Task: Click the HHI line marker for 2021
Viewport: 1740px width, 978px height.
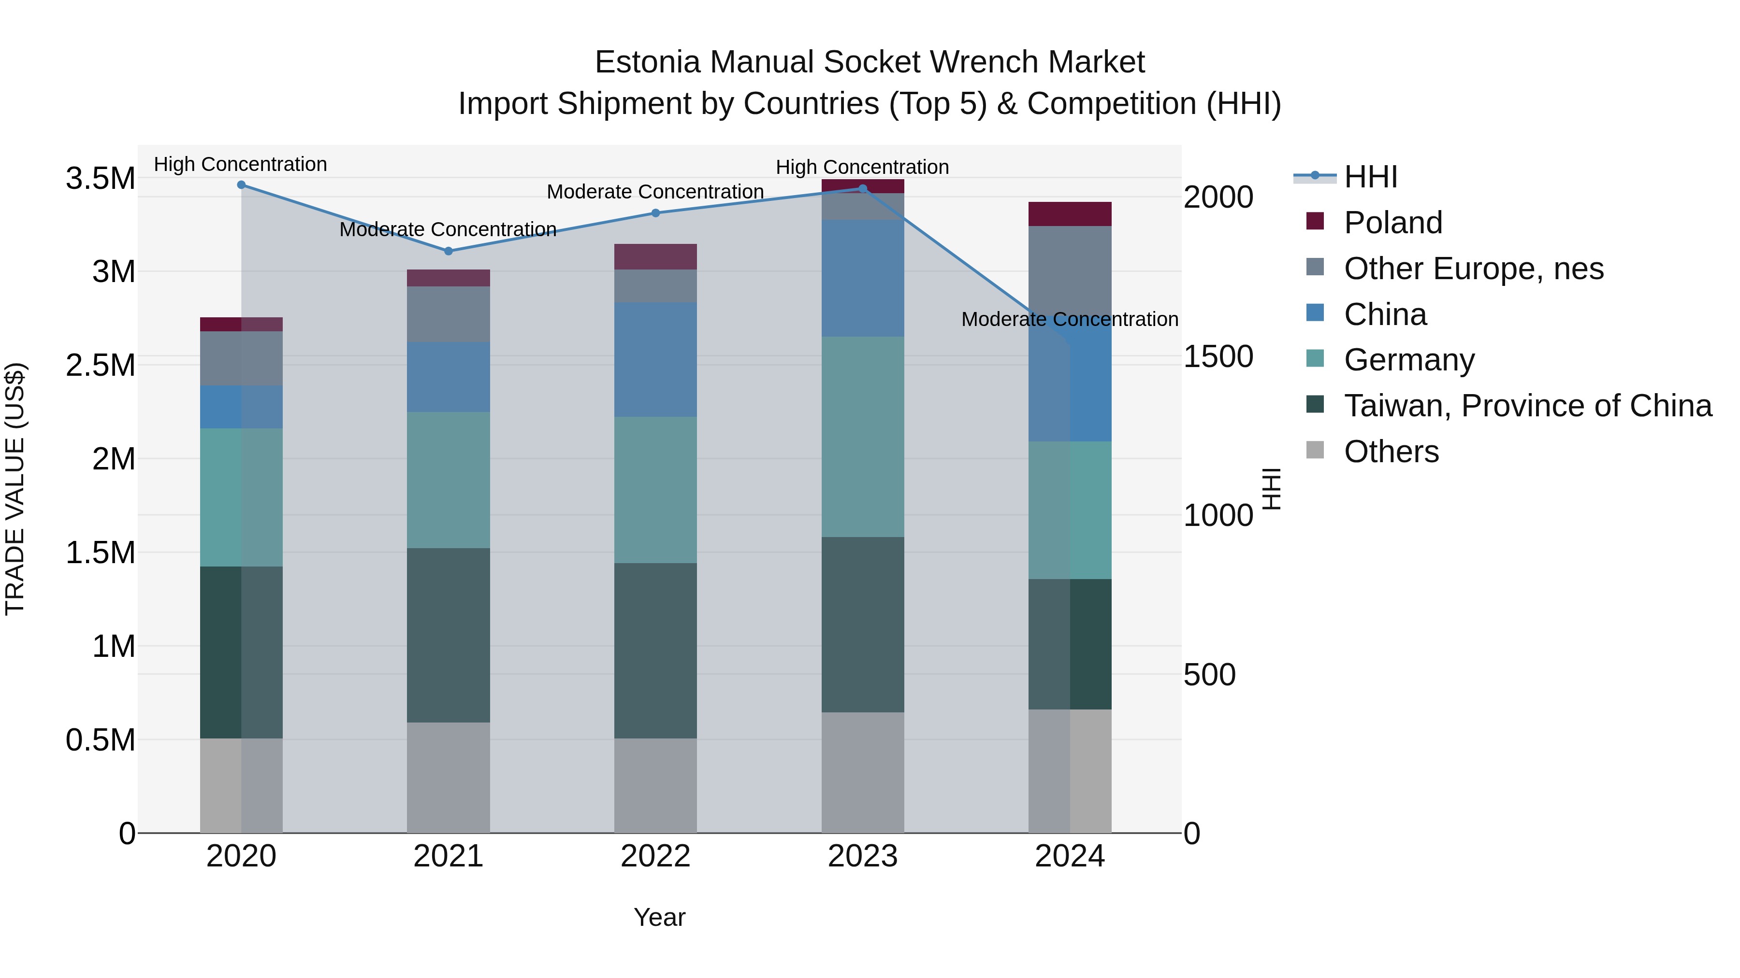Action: (x=448, y=251)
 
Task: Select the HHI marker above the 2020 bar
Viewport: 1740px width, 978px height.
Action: (x=241, y=185)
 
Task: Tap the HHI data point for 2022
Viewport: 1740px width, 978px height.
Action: (x=655, y=213)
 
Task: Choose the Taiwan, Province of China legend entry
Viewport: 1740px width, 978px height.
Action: (x=1527, y=406)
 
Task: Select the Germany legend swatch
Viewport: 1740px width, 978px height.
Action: (x=1315, y=358)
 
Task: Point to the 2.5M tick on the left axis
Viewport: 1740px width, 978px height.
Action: (x=101, y=365)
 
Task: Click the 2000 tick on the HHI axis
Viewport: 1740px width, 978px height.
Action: (x=1218, y=197)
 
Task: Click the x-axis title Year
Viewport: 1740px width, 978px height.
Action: (x=659, y=917)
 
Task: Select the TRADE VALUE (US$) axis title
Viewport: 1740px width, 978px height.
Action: (x=15, y=489)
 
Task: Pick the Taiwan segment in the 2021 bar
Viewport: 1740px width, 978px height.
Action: (x=448, y=635)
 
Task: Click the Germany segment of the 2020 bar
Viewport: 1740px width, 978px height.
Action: (x=241, y=497)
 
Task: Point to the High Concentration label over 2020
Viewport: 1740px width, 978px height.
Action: (x=241, y=164)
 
